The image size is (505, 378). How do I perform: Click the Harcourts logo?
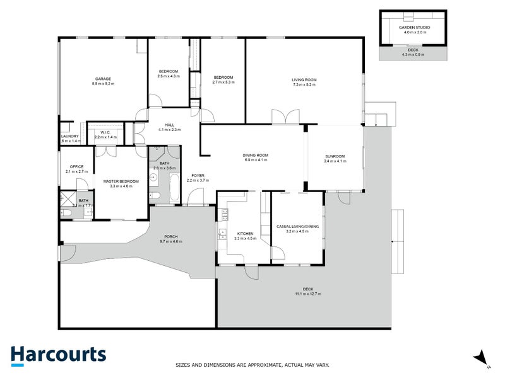pos(58,355)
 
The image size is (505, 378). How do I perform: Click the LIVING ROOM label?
pos(304,80)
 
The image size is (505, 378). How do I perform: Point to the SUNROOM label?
pos(335,156)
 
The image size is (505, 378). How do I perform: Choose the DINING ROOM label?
pos(256,156)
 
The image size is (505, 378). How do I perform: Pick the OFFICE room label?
pos(76,166)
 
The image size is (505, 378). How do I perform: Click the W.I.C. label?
pos(105,132)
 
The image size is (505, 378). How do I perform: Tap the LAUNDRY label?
pos(69,137)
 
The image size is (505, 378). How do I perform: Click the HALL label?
pos(169,125)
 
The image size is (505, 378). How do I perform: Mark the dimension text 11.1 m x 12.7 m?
pos(307,294)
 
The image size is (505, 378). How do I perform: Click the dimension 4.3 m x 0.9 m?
pos(413,54)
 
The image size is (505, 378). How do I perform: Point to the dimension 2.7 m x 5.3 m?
pos(223,82)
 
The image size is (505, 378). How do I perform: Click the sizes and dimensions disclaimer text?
pos(252,365)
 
